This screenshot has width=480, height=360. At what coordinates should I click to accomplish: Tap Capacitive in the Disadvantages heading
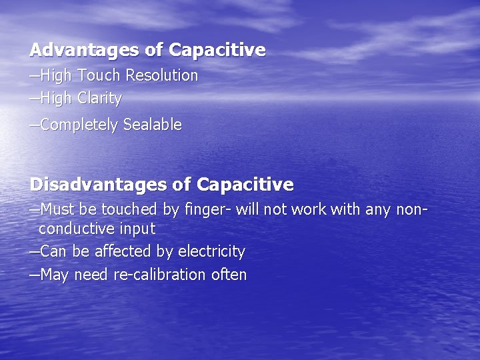point(245,183)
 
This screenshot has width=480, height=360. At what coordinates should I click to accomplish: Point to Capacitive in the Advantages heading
point(217,50)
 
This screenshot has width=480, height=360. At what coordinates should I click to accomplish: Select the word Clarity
point(99,99)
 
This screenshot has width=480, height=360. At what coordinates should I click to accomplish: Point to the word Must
point(58,209)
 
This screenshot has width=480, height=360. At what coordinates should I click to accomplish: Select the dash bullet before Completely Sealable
point(35,125)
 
